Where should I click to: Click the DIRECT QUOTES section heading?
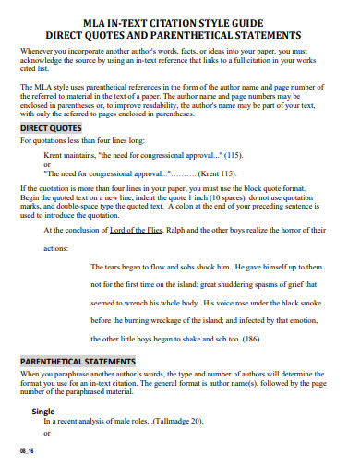click(53, 128)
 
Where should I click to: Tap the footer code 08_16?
click(25, 450)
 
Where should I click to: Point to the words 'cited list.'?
click(35, 67)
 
